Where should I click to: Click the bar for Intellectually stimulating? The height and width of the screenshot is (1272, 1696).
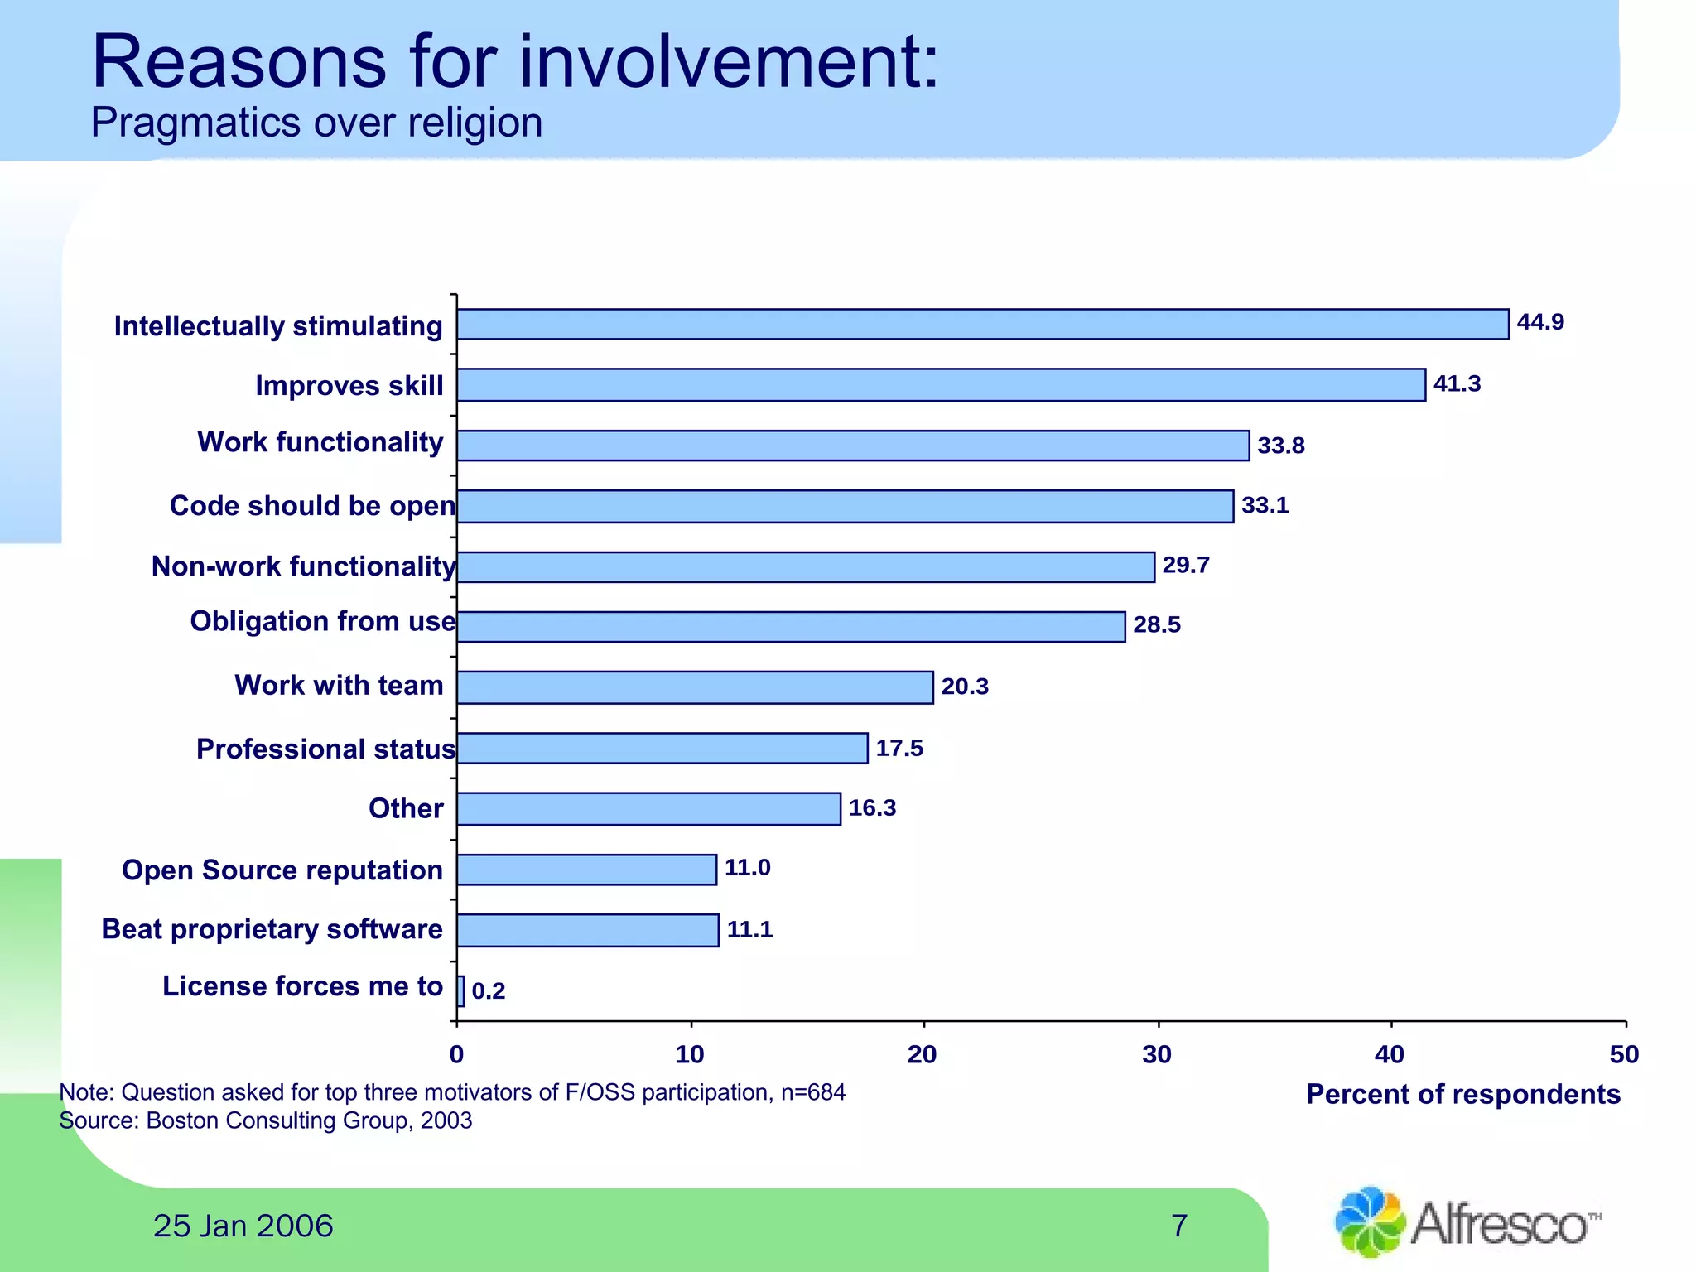982,324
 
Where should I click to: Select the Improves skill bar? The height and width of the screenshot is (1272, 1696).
941,385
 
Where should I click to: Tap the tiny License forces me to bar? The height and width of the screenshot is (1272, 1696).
460,990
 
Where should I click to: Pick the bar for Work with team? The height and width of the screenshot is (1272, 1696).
695,687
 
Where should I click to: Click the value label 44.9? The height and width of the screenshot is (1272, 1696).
1539,322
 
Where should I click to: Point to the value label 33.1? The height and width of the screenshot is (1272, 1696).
1265,505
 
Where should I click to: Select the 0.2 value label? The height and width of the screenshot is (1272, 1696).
489,990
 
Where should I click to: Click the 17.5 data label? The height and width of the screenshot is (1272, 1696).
899,749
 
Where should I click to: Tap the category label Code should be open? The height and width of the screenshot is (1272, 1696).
312,506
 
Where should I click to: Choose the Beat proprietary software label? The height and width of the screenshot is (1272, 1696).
272,929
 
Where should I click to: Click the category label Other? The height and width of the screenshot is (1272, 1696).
406,808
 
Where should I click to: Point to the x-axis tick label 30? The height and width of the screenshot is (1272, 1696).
1157,1054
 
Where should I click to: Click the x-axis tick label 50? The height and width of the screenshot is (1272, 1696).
1624,1054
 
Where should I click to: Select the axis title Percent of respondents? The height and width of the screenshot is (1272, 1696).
1462,1094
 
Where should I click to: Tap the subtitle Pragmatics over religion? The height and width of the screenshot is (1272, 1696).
316,123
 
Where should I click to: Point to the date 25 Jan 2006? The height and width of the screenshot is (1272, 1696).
243,1226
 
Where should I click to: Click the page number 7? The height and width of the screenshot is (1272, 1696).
1179,1226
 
